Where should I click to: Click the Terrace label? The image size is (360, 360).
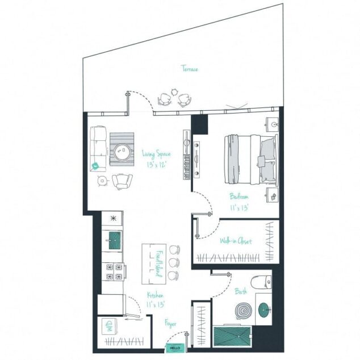pos(190,69)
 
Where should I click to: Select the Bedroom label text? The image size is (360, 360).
pos(238,196)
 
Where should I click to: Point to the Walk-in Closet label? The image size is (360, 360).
pos(236,241)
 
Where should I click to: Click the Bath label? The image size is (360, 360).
pos(240,292)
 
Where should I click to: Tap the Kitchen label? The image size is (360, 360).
pos(156,295)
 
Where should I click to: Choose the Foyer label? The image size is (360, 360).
pos(171,324)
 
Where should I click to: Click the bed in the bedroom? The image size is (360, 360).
pos(250,159)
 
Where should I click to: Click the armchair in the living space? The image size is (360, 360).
pos(122,181)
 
